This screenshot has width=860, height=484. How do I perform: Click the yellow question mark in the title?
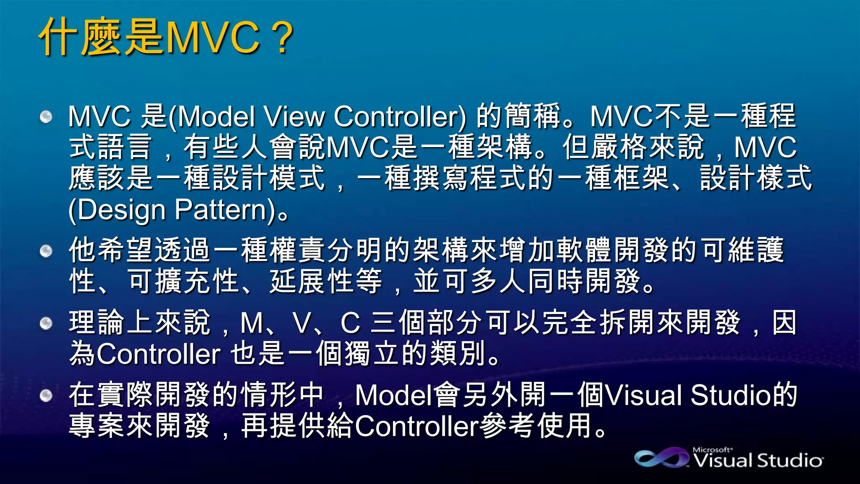click(x=283, y=38)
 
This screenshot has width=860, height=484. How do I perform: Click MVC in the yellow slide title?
click(x=212, y=38)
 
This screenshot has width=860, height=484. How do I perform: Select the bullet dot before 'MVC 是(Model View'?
click(x=46, y=116)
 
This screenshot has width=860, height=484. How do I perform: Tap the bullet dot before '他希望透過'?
click(x=46, y=251)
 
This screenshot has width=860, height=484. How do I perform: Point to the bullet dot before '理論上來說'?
click(x=46, y=323)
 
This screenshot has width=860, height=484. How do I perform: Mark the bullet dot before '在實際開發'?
click(x=46, y=395)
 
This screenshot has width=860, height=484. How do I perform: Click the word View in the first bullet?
click(x=294, y=116)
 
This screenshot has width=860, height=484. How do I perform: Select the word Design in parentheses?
click(x=122, y=210)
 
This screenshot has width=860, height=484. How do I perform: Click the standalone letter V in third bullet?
click(x=302, y=323)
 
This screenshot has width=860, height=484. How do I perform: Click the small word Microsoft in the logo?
click(x=712, y=450)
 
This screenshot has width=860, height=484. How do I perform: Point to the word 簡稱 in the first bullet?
click(x=533, y=116)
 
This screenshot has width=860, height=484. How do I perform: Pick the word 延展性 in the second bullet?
click(x=311, y=281)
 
